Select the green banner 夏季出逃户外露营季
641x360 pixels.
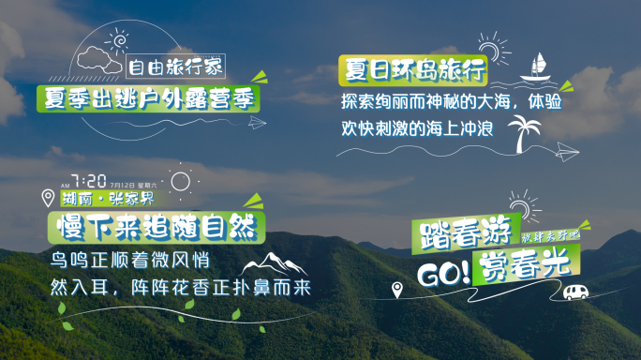(x=148, y=96)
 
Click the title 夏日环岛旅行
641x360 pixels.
(x=413, y=69)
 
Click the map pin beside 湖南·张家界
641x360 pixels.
(x=48, y=198)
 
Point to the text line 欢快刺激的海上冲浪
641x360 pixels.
(x=422, y=125)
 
